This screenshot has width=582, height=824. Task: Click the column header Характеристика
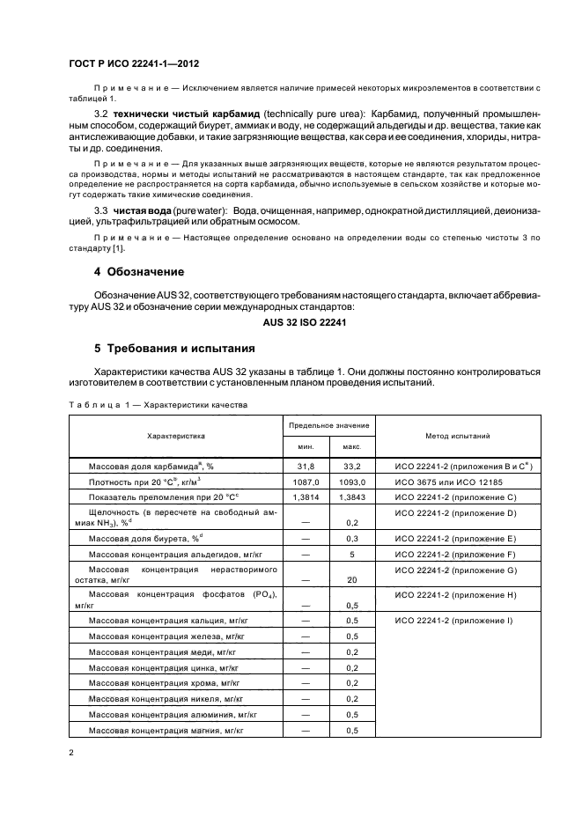tap(175, 436)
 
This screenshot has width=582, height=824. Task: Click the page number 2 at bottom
tap(70, 754)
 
